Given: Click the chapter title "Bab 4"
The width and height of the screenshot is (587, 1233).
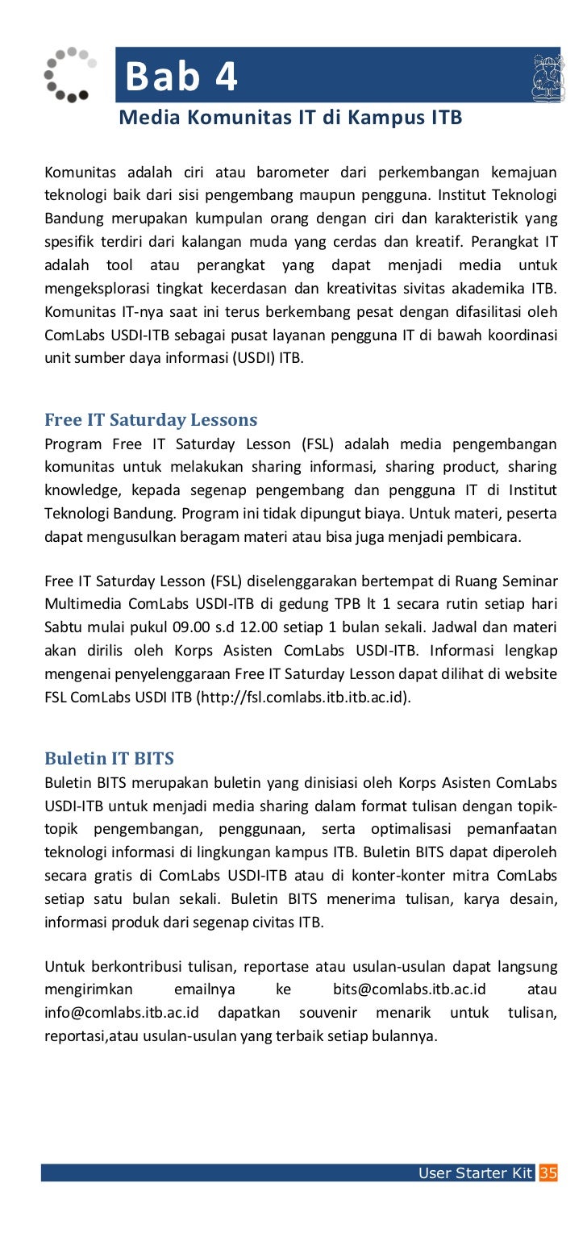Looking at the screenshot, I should tap(181, 77).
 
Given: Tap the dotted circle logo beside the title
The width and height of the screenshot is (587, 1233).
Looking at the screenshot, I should tap(69, 74).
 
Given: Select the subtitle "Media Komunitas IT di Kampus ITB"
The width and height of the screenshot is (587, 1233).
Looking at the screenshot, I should tap(290, 119).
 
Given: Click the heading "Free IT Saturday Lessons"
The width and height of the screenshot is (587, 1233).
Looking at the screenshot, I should tap(151, 419).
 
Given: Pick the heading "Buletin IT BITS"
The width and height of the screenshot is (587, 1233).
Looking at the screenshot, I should tap(109, 758).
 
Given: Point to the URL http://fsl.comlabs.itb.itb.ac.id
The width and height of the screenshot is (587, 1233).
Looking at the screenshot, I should tap(303, 697).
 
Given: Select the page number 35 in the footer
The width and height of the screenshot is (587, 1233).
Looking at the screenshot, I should tap(548, 1173).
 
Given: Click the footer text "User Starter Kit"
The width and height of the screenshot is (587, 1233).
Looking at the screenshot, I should tap(476, 1173).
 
